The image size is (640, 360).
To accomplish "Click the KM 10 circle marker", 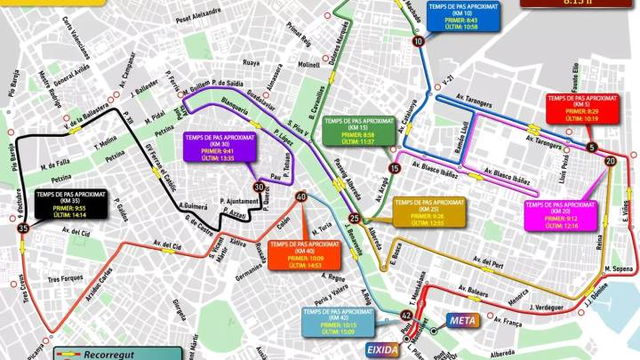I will point(418,42).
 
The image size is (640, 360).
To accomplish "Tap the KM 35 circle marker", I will point(23,228).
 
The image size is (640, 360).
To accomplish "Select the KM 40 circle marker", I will point(301,197).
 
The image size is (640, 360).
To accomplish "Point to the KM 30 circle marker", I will point(258,188).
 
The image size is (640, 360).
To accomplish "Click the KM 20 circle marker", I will point(609,161).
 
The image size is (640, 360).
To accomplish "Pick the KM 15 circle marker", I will point(394,167).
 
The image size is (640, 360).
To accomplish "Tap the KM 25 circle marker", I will point(355,218).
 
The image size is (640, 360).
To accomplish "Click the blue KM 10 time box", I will point(462,17).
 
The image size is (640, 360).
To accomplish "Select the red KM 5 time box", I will point(582,108).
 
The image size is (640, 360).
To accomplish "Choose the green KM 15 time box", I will point(358,131).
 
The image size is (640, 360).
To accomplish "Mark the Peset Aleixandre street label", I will point(198,14).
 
